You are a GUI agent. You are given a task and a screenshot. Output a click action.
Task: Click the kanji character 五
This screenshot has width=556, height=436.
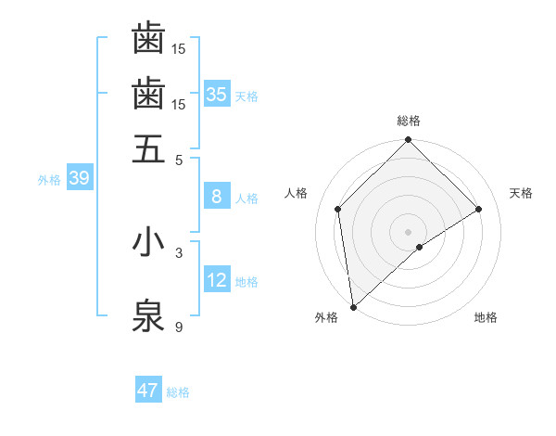pyautogui.click(x=148, y=148)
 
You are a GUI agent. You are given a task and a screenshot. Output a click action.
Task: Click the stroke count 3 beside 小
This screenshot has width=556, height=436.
pyautogui.click(x=179, y=251)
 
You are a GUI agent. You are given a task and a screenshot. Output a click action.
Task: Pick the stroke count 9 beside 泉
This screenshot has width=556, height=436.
pyautogui.click(x=179, y=326)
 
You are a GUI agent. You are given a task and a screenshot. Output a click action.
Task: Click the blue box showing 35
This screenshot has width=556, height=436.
pyautogui.click(x=217, y=94)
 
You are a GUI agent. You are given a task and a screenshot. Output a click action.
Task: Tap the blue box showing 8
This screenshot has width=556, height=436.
pyautogui.click(x=217, y=197)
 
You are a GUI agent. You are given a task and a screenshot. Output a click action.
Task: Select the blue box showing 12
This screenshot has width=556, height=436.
pyautogui.click(x=217, y=280)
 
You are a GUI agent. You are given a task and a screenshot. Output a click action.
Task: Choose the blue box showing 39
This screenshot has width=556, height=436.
pyautogui.click(x=79, y=179)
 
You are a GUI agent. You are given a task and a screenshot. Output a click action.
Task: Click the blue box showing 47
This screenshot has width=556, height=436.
pyautogui.click(x=148, y=391)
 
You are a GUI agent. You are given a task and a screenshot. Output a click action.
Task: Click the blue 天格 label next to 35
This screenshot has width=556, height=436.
pyautogui.click(x=246, y=96)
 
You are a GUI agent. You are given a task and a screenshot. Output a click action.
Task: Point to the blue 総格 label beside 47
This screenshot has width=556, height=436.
pyautogui.click(x=178, y=392)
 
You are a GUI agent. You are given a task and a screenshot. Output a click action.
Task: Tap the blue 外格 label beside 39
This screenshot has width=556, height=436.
pyautogui.click(x=49, y=180)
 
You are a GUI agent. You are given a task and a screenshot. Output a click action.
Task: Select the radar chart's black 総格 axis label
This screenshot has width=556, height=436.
pyautogui.click(x=409, y=121)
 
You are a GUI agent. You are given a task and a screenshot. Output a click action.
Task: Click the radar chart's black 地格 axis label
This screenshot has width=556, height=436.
pyautogui.click(x=486, y=317)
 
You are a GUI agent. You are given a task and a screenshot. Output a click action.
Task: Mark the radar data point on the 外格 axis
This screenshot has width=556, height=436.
pyautogui.click(x=353, y=307)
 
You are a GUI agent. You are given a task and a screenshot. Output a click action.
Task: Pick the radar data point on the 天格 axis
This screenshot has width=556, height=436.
pyautogui.click(x=479, y=209)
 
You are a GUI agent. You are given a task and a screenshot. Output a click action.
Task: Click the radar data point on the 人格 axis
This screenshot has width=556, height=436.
pyautogui.click(x=338, y=209)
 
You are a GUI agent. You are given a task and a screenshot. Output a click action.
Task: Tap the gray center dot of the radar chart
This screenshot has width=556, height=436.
pyautogui.click(x=409, y=231)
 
